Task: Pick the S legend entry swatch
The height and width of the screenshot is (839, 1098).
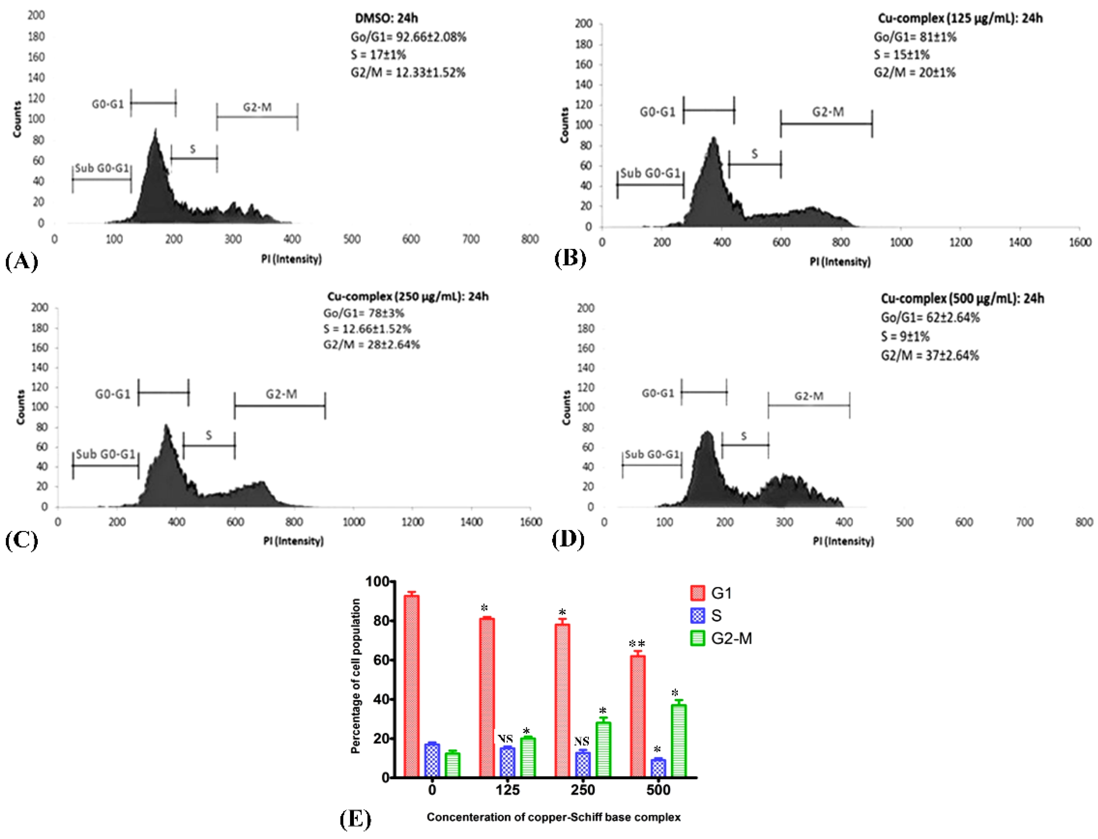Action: coord(698,615)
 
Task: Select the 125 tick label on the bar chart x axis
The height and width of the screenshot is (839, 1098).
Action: coord(507,790)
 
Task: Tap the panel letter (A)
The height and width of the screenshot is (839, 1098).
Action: coord(22,261)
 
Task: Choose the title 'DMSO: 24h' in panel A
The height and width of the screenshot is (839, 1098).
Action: coord(386,18)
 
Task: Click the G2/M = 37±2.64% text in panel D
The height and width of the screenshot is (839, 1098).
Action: coord(930,355)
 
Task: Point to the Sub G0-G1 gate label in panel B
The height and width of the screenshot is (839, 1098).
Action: coord(650,173)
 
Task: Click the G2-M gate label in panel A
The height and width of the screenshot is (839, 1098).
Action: coord(257,107)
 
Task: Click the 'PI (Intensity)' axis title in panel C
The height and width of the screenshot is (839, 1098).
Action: coord(294,541)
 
